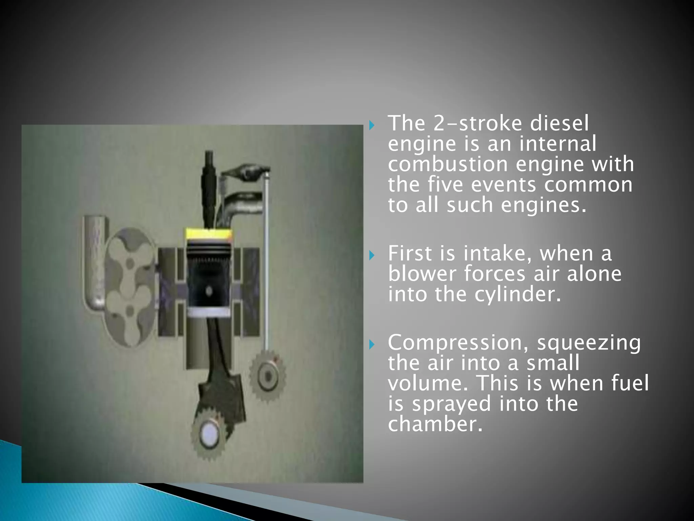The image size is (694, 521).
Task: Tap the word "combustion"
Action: pyautogui.click(x=448, y=165)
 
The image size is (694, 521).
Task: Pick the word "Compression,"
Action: pyautogui.click(x=459, y=343)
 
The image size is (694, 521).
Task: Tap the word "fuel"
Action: pyautogui.click(x=630, y=384)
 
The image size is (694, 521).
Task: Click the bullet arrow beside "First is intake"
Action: pyautogui.click(x=372, y=255)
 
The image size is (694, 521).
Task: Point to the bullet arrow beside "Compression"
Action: pyautogui.click(x=372, y=345)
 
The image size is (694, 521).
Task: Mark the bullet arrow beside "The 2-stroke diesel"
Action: pyautogui.click(x=372, y=126)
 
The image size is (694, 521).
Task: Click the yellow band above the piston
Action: pyautogui.click(x=209, y=234)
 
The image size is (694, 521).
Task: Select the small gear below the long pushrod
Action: pyautogui.click(x=268, y=376)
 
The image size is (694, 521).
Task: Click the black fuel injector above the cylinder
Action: pyautogui.click(x=208, y=183)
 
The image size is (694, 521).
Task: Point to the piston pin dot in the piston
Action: pyautogui.click(x=209, y=291)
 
